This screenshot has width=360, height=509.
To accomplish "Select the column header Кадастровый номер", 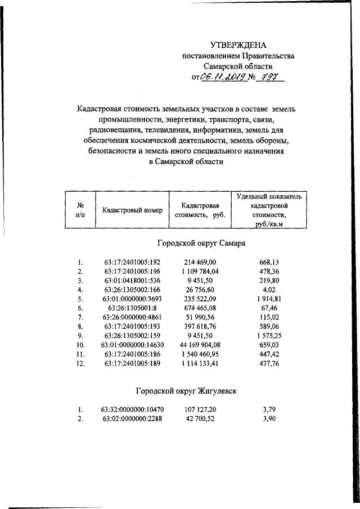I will point(133,210).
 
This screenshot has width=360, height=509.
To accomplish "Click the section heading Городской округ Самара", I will point(199,244).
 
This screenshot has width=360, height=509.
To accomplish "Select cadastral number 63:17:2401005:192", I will point(133,262).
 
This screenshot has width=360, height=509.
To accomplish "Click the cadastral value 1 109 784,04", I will point(202,271).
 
